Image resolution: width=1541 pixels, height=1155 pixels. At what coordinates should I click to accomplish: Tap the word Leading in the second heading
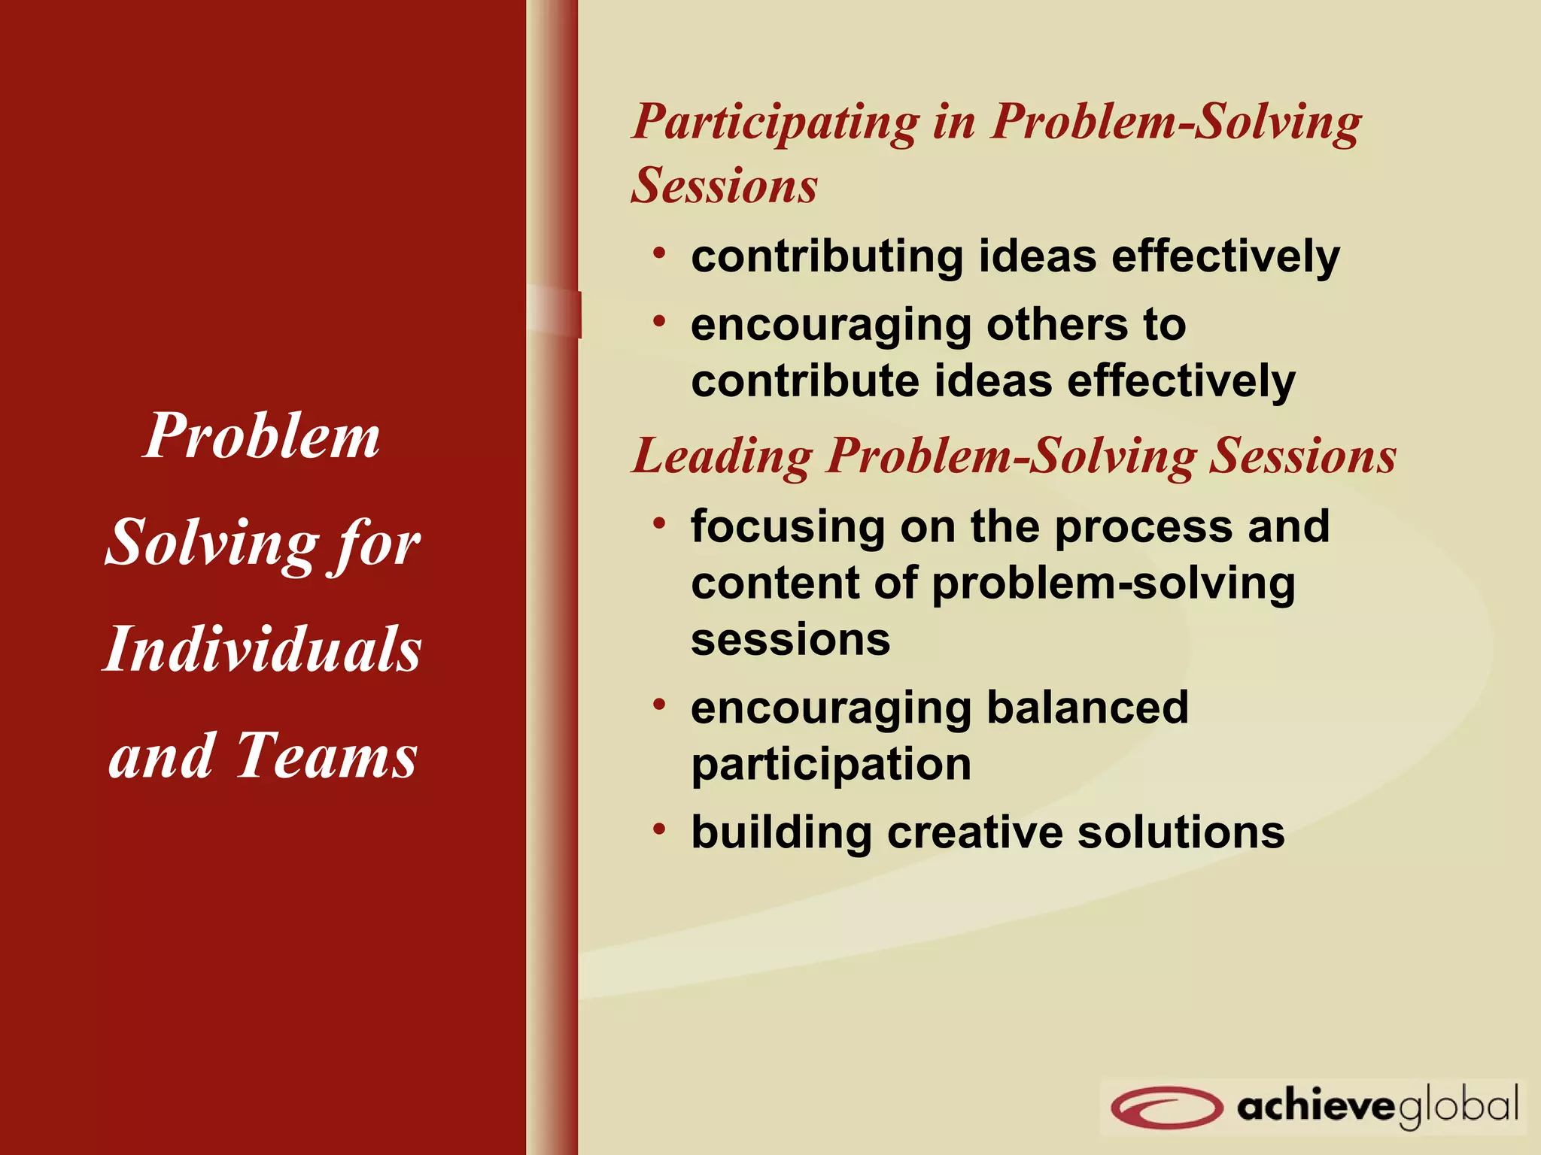point(722,456)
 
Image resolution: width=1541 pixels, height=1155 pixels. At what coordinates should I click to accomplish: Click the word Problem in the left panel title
point(262,435)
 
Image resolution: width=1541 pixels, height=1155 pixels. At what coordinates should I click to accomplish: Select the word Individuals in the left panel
point(262,648)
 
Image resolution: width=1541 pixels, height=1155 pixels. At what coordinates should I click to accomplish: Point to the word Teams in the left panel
point(327,755)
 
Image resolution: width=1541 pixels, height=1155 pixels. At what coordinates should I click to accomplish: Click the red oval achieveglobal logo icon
point(1166,1107)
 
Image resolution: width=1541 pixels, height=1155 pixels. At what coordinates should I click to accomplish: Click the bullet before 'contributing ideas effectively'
point(660,253)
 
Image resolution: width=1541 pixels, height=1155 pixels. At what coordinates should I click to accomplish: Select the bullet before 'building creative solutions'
point(660,829)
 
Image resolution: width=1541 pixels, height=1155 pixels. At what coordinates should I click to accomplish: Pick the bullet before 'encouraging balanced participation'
point(660,705)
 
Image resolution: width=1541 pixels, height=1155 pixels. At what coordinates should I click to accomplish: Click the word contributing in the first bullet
point(827,257)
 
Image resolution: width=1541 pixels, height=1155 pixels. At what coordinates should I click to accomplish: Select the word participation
point(831,765)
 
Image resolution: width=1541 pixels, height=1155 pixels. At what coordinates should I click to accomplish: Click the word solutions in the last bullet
point(1181,832)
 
